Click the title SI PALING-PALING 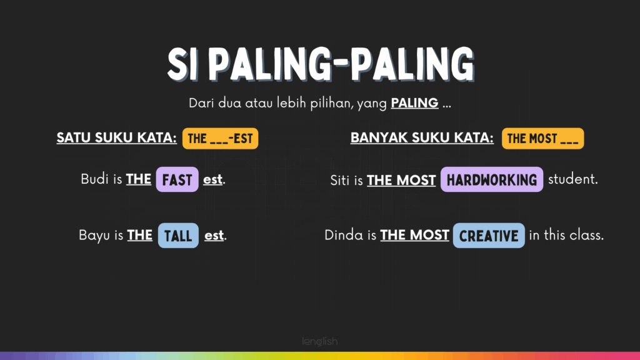321,64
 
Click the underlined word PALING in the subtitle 415,103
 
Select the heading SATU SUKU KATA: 117,138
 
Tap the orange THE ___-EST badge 221,138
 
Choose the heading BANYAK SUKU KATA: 422,138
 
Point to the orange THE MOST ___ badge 543,138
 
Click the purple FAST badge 177,179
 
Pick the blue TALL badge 178,236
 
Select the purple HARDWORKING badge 492,179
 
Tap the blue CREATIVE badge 489,236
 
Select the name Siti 341,180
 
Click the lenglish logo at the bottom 320,341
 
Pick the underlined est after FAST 212,179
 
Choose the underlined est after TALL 214,236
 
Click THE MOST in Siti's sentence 401,180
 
